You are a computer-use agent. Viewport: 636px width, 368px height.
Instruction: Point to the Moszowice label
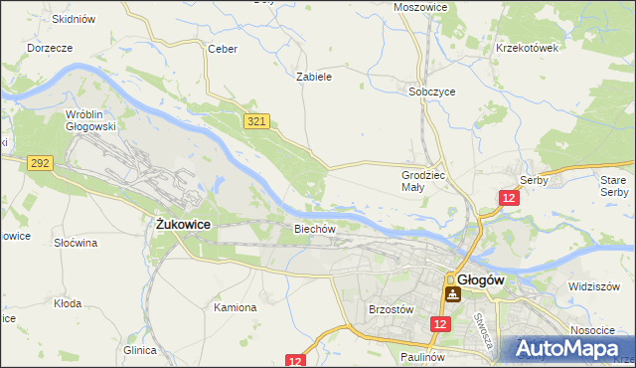(x=420, y=6)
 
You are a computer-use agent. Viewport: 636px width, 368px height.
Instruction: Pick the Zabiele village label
(x=314, y=76)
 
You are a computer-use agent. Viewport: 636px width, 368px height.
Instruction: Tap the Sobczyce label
(x=432, y=91)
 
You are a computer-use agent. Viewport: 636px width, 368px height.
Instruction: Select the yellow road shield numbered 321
(x=256, y=120)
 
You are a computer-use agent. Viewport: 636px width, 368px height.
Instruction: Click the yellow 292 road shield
(x=40, y=162)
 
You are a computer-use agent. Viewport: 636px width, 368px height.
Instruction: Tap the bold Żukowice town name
(x=184, y=225)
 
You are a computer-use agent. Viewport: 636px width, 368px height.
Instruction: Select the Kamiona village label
(x=236, y=307)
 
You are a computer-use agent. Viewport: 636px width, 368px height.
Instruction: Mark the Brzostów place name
(x=391, y=309)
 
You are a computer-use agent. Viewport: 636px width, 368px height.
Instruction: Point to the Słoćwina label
(x=75, y=242)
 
